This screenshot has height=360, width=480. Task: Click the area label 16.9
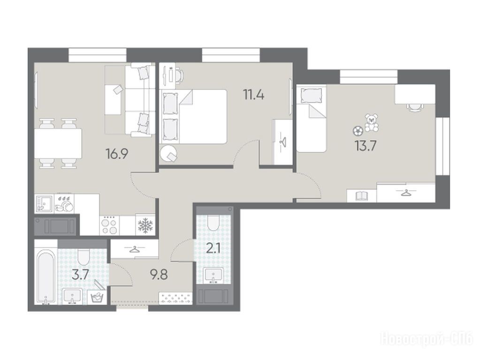coord(117,154)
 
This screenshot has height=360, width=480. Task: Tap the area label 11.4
coord(253,95)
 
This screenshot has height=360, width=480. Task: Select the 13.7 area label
coord(366,146)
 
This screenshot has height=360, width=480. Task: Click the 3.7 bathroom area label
coord(80,274)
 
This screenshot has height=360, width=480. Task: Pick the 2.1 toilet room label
coord(213,248)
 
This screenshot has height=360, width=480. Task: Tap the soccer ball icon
coord(357,131)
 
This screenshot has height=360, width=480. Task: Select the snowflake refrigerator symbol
coord(145,225)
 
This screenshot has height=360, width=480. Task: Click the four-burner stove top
coord(110,225)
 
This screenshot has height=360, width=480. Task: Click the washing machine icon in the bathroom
coord(97,297)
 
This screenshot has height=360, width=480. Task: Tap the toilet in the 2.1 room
coord(213,223)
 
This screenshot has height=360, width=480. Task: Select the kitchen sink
coord(44,203)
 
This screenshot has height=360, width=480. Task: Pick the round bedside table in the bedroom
coord(168,153)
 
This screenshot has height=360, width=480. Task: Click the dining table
coord(58,143)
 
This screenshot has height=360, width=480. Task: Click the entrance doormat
coord(175,298)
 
